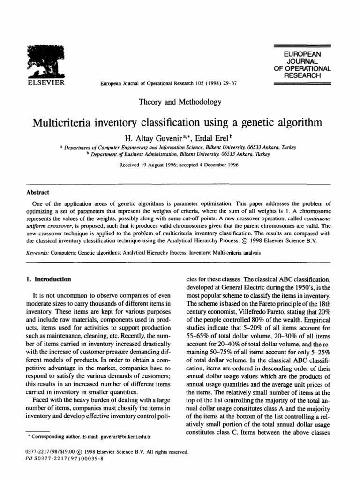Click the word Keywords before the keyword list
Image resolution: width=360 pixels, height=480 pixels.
(38, 253)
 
